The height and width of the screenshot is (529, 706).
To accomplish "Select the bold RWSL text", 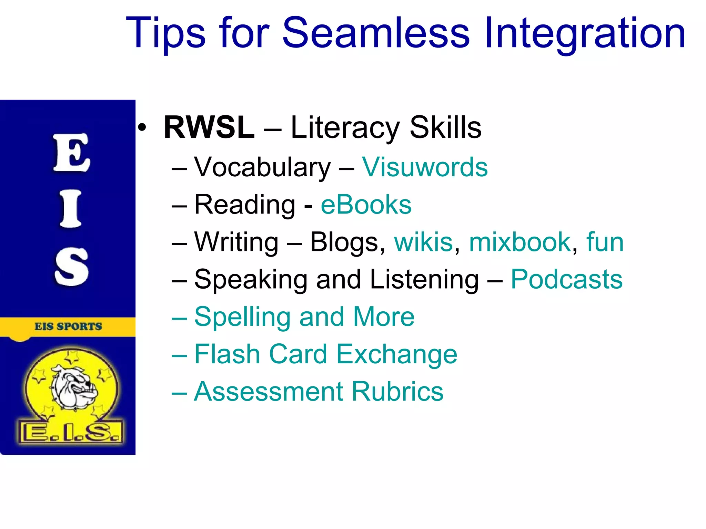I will [x=209, y=127].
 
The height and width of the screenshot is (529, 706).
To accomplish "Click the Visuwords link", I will [x=425, y=167].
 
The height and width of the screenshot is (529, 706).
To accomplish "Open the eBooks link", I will [x=366, y=205].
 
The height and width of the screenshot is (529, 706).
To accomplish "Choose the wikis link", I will [x=423, y=242].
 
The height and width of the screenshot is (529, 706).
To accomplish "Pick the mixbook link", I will [x=520, y=242].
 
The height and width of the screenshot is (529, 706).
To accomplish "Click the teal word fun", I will [x=605, y=242].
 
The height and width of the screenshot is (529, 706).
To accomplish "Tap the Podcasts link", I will [x=566, y=279].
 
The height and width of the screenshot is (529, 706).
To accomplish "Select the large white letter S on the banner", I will [x=72, y=267].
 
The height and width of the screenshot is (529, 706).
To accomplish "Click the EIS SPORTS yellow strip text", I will [x=68, y=326].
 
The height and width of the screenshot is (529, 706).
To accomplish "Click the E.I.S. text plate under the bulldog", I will [x=71, y=432].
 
